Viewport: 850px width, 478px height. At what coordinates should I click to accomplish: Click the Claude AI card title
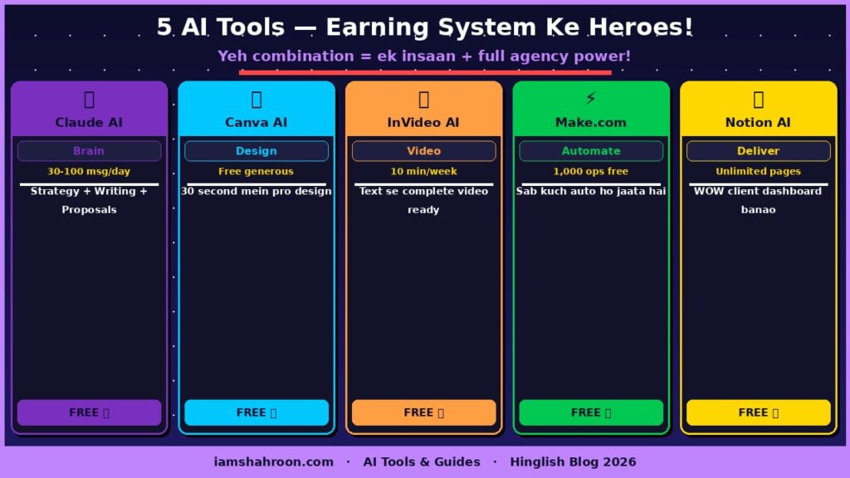point(89,122)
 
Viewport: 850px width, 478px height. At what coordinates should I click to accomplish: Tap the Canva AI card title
point(256,122)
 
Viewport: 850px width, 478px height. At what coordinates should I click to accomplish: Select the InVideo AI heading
point(423,122)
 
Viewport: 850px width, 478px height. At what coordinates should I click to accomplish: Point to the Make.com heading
point(590,122)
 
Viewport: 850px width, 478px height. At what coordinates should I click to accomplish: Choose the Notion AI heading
point(758,122)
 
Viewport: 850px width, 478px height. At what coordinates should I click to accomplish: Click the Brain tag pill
point(89,151)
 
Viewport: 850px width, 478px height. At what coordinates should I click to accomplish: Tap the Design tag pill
point(256,151)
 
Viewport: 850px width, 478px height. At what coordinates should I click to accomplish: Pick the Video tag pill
point(423,151)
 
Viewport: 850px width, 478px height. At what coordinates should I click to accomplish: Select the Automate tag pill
point(591,151)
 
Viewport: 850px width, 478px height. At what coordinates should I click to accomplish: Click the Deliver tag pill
point(758,151)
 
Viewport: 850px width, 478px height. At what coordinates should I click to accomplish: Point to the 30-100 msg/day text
point(89,172)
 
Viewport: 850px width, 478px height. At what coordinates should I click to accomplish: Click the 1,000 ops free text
point(591,172)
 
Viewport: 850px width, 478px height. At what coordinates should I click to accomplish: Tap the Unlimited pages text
point(758,172)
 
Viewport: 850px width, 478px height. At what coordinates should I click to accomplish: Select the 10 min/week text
point(423,172)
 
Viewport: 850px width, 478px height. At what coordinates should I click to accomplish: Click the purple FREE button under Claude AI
point(89,412)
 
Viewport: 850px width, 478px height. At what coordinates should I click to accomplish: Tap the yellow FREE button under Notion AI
point(758,412)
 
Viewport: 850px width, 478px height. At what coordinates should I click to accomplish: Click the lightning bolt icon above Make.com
point(590,99)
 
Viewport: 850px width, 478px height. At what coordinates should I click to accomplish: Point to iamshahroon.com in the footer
point(273,461)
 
